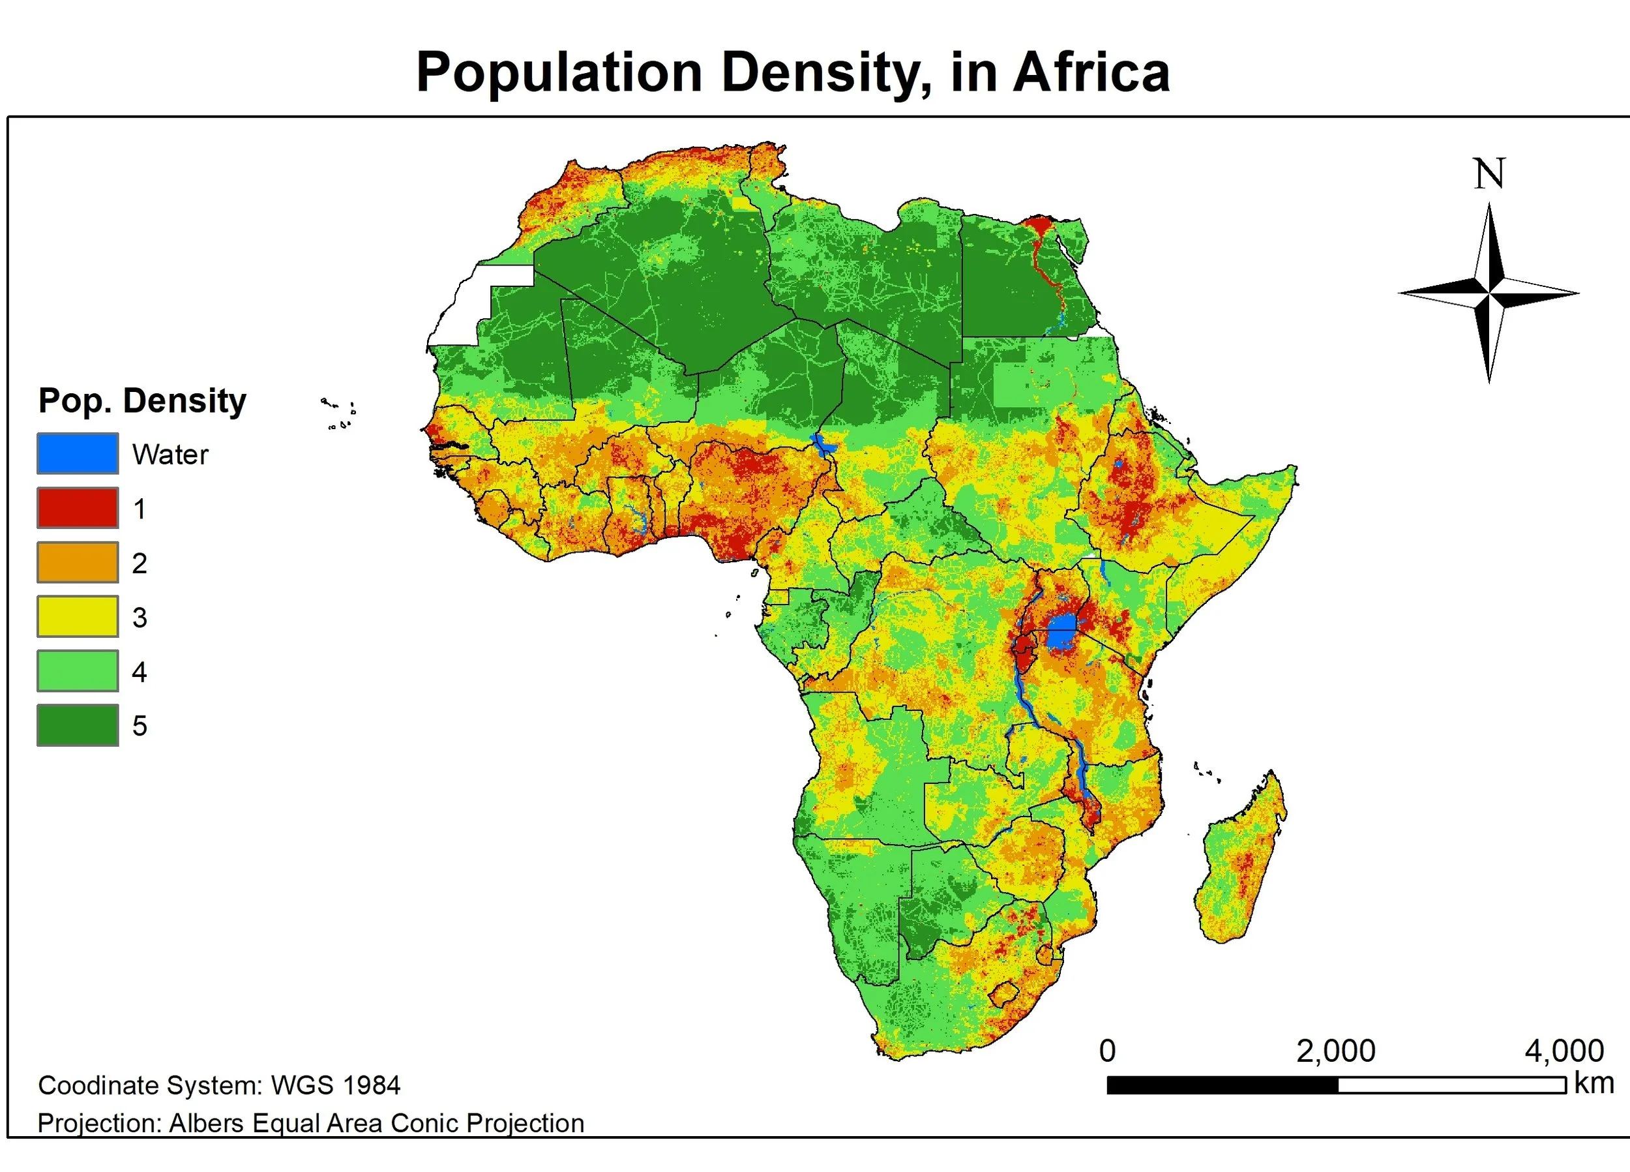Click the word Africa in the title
click(x=1091, y=72)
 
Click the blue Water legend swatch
click(x=78, y=453)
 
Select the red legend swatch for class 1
click(x=78, y=507)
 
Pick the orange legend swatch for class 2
click(x=78, y=562)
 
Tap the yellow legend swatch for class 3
click(x=78, y=616)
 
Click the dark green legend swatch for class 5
click(x=78, y=725)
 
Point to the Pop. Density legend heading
click(x=141, y=400)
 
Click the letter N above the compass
click(x=1489, y=174)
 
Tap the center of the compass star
click(x=1489, y=293)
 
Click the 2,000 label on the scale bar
click(x=1335, y=1051)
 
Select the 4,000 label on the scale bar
click(x=1564, y=1051)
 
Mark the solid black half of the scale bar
click(x=1222, y=1085)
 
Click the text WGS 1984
click(x=335, y=1085)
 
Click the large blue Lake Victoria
click(x=1061, y=633)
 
